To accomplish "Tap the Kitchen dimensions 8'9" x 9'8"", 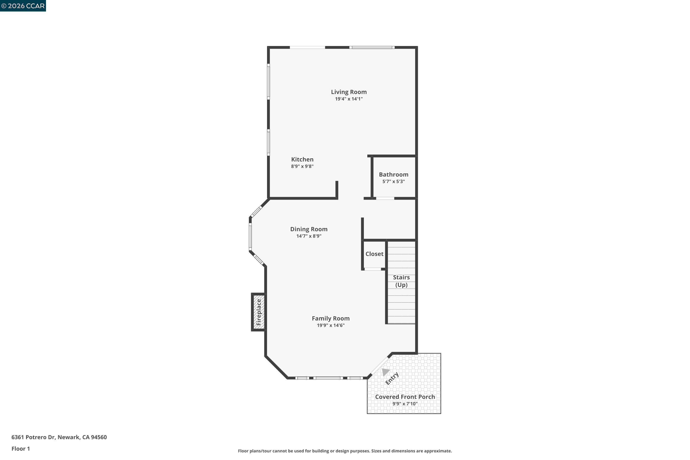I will pos(302,166).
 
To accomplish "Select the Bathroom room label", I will pos(393,175).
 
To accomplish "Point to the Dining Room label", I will pos(309,229).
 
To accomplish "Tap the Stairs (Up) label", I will pos(401,281).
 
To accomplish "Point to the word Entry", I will pos(392,378).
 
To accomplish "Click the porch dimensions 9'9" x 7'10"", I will pos(405,404).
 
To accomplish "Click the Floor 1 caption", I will pos(20,448).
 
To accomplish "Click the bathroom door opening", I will pos(385,198).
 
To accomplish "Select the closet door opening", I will pos(372,269).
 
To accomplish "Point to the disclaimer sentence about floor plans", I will pos(345,451).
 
